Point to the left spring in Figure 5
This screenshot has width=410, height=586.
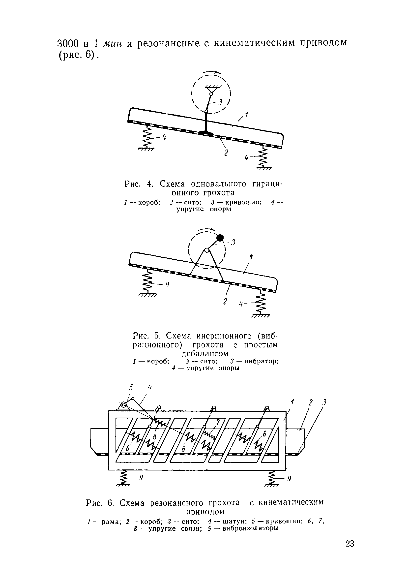click(147, 282)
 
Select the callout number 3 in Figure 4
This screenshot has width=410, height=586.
click(220, 102)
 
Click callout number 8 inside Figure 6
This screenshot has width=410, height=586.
click(154, 436)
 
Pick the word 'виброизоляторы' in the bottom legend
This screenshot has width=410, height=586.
click(250, 528)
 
